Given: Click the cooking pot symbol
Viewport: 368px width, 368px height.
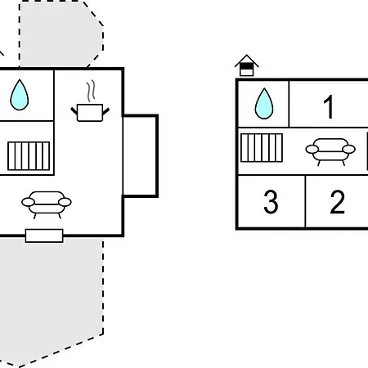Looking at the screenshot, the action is coord(90,112).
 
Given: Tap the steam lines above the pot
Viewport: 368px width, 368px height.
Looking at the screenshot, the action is coord(92,91).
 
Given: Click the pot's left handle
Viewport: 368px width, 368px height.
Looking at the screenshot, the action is coord(74,111).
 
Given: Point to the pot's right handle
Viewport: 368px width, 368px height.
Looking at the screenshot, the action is coord(106,111).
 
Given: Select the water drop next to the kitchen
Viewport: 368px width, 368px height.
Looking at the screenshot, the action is coord(20,95).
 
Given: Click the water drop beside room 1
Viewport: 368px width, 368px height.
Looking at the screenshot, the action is coord(264,104).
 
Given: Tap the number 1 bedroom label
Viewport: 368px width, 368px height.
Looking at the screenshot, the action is coord(329,106).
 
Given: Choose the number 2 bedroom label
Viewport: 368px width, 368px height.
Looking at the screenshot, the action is coord(337,202).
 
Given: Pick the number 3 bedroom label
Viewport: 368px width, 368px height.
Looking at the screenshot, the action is coord(271,202).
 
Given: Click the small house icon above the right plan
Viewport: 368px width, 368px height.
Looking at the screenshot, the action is coord(247,65).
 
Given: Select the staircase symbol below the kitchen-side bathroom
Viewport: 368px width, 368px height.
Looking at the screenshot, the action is coord(29,156).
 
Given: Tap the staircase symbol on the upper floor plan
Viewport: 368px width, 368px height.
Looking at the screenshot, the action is coord(262,148).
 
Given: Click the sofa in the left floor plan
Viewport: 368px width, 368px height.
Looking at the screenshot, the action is coord(47,204).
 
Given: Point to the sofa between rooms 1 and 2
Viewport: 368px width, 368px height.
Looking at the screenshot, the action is coord(330,151).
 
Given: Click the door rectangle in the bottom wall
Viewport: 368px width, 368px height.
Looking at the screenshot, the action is coord(44,236).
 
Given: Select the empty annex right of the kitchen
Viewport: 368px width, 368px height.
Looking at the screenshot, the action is coord(140,156).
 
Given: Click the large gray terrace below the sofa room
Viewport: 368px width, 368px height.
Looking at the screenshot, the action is coord(51,300).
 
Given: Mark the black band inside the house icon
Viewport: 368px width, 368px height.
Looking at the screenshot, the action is coord(247,66).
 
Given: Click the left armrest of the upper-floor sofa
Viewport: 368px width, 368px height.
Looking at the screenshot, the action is coord(312,149).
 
